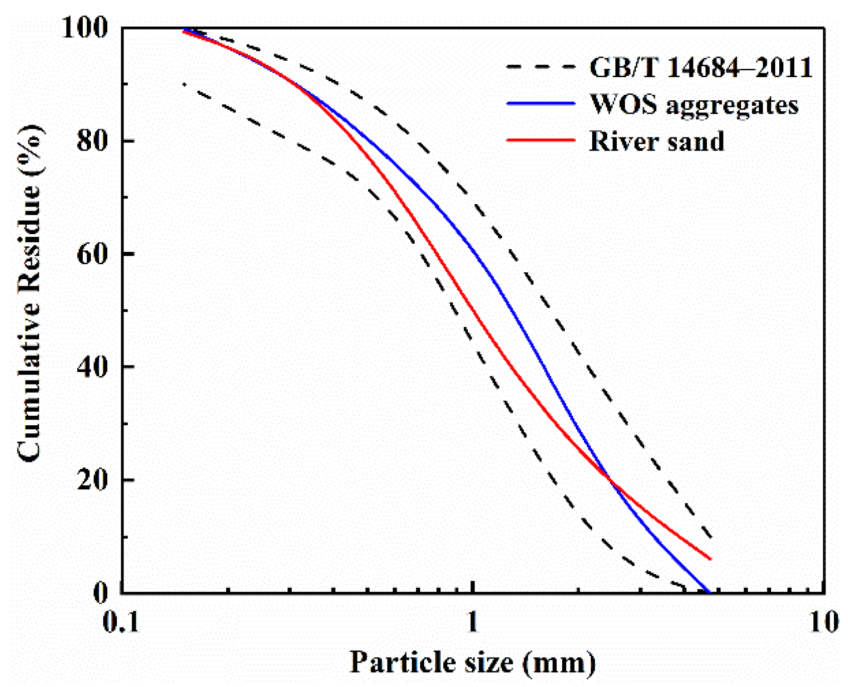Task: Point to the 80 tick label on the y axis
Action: (92, 141)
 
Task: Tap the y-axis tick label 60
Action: (92, 254)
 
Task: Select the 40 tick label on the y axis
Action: (92, 367)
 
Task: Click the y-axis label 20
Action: (92, 480)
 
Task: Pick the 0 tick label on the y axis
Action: (101, 592)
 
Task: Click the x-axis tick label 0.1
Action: (121, 622)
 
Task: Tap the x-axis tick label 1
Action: (472, 622)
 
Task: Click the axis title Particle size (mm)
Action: (472, 662)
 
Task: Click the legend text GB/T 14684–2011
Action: (701, 67)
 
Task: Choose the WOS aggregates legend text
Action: (694, 104)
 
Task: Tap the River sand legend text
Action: (657, 141)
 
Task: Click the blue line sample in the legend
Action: (541, 104)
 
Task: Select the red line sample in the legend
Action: (541, 140)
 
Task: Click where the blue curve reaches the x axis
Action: (709, 592)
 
